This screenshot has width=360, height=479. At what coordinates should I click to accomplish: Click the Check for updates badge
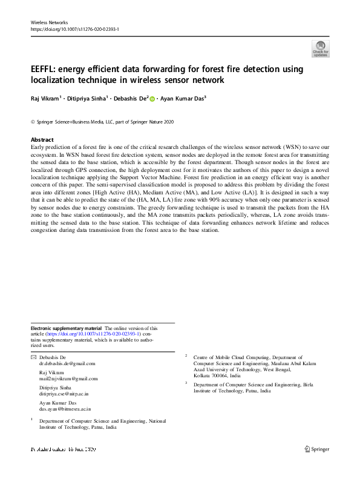coord(320,49)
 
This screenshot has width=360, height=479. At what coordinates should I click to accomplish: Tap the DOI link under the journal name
coord(74,29)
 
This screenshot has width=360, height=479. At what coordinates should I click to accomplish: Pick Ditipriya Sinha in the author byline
coord(85,98)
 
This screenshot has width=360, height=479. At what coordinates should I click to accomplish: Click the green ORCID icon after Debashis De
coord(152,98)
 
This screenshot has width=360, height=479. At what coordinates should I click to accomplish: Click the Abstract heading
coord(42,140)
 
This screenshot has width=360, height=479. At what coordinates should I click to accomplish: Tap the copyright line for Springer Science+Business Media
coord(102,122)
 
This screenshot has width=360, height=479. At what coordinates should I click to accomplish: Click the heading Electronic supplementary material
coord(67,328)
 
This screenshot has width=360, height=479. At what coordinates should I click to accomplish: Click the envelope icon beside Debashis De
coord(33,358)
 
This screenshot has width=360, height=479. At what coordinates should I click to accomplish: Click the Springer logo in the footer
coord(318,449)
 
